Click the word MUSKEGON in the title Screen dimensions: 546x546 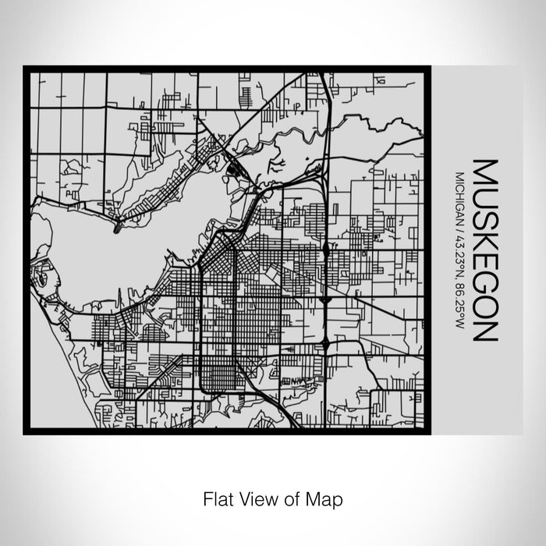coord(484,251)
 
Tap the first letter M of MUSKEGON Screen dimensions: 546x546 coord(484,171)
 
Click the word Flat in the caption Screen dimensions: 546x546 coord(216,497)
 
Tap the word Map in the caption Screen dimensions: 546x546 coord(328,497)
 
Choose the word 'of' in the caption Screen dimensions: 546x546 coord(292,497)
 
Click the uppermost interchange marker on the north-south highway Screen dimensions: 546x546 coord(324,250)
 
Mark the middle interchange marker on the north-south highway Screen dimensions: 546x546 coord(324,297)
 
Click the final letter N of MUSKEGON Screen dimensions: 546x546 coord(484,330)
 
